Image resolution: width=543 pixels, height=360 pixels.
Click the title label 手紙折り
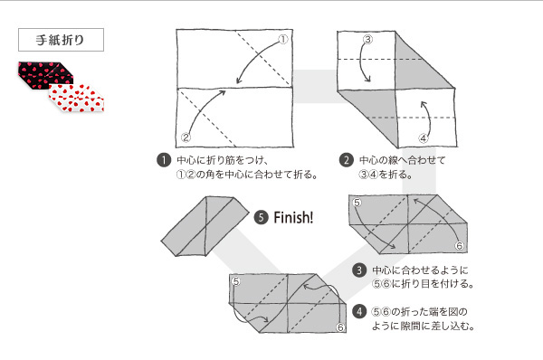tap(60, 41)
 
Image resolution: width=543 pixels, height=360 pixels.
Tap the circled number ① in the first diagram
tap(282, 40)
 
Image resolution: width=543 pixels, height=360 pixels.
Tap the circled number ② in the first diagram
tap(186, 137)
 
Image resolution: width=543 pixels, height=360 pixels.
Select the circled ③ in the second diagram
tap(367, 40)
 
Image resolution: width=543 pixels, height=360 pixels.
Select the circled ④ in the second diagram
tap(423, 137)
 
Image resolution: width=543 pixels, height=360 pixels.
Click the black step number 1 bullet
tap(164, 161)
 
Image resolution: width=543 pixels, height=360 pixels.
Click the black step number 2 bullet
tap(346, 161)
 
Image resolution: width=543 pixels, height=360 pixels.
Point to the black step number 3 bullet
tap(359, 270)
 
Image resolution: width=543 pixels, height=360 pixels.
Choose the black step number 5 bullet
tap(262, 217)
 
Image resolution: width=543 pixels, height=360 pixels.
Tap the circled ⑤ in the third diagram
tap(358, 204)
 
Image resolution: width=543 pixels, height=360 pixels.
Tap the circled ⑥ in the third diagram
tap(458, 246)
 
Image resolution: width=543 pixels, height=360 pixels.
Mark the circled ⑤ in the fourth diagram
tap(235, 282)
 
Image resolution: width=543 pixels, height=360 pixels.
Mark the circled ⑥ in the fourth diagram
tap(340, 327)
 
